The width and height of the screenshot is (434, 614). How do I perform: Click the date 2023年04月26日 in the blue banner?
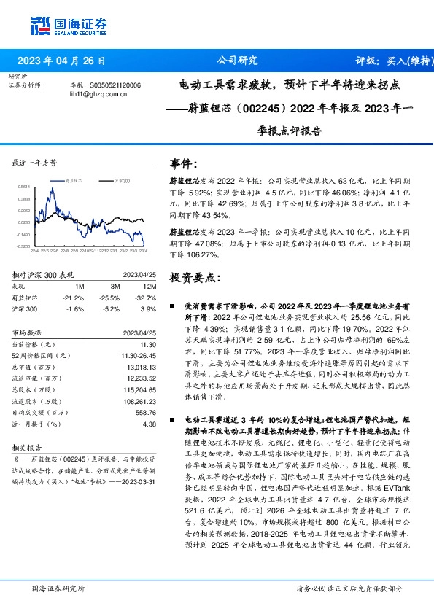coord(66,61)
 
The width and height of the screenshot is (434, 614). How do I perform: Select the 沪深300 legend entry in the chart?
coord(121,180)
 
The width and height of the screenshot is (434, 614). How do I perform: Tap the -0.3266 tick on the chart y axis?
coord(24,246)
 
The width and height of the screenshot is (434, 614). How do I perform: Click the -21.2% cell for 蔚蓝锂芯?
coord(74,298)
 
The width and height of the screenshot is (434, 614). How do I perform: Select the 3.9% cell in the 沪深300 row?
coord(149,308)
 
